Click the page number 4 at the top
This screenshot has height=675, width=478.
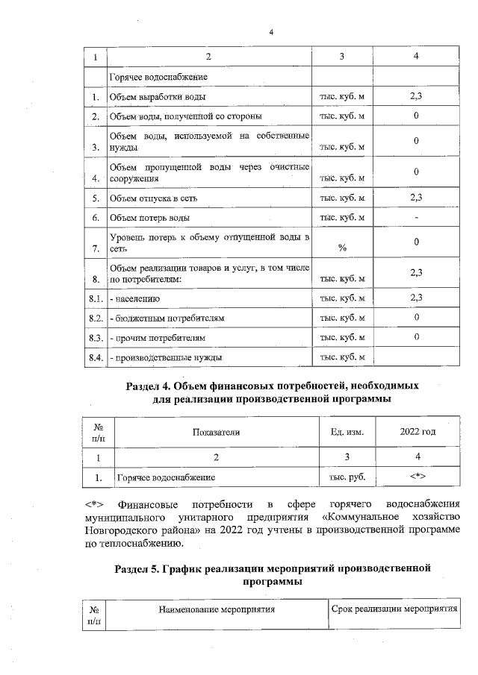[272, 32]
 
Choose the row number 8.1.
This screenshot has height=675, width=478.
[95, 298]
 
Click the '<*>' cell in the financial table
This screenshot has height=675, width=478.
[418, 475]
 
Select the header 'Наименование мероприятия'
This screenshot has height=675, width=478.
[216, 609]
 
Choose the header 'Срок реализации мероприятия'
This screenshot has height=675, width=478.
[394, 609]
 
